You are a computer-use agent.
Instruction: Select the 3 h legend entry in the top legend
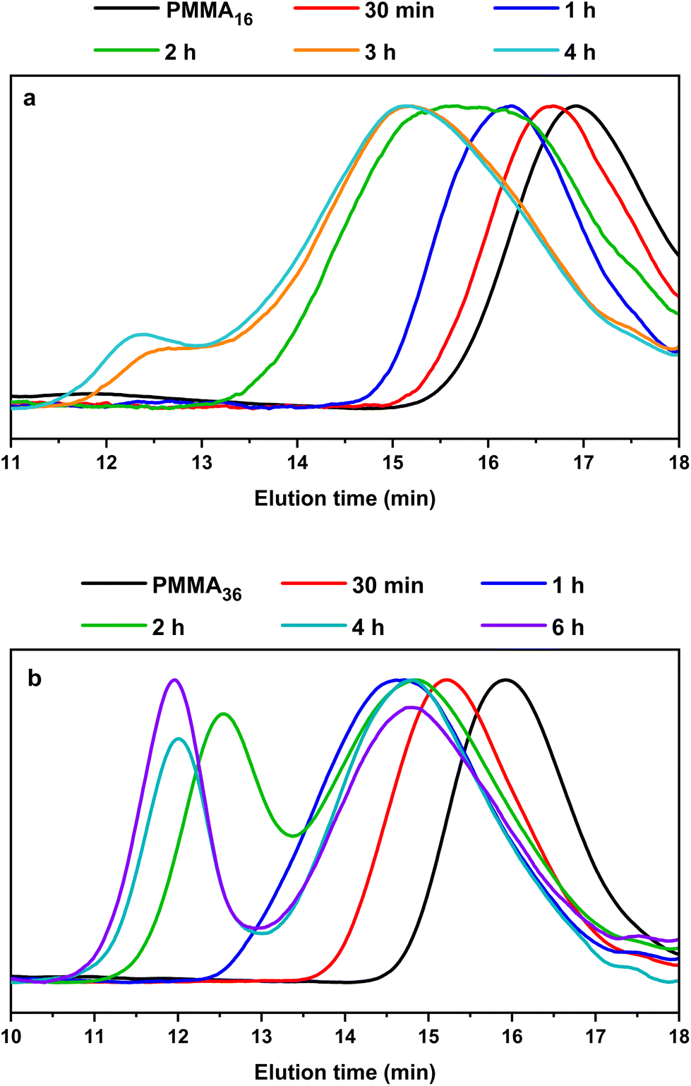pos(380,52)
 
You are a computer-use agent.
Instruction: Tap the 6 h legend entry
pos(567,627)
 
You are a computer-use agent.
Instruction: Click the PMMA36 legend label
pos(197,587)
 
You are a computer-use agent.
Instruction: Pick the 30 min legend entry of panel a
pos(399,11)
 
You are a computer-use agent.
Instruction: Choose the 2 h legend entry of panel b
pos(168,627)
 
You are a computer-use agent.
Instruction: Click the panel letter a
pos(29,98)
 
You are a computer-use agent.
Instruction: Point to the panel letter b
pos(34,678)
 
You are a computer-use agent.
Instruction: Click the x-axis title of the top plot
pos(344,498)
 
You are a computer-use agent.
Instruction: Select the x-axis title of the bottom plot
pos(344,1072)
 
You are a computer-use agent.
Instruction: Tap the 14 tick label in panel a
pos(297,463)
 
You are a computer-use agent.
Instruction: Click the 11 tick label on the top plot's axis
pos(11,463)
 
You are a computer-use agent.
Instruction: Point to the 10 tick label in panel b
pos(11,1037)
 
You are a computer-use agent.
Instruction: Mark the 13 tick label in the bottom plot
pos(262,1037)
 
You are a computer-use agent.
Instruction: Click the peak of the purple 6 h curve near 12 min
pos(174,680)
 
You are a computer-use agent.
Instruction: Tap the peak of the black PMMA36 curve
pos(505,680)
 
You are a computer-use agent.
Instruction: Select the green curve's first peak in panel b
pos(224,713)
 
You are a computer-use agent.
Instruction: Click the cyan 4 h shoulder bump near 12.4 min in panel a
pos(143,334)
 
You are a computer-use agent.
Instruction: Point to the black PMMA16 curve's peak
pos(577,106)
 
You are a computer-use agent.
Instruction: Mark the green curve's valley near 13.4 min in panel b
pos(293,835)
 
